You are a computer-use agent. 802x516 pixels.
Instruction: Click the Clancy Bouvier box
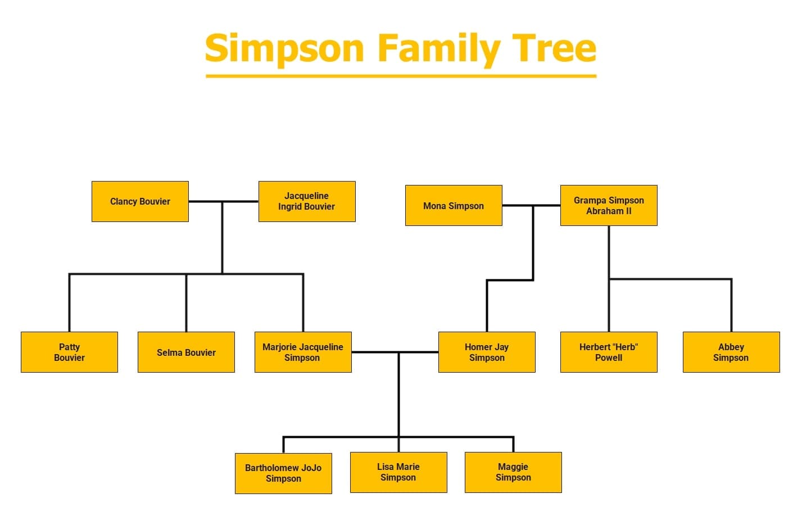point(140,201)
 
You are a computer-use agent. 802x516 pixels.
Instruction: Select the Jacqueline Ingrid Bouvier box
point(307,201)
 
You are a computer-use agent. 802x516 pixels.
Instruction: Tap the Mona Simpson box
point(454,206)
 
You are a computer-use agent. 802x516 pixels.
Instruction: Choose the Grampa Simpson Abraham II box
point(609,206)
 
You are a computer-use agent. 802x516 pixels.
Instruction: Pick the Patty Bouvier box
point(69,352)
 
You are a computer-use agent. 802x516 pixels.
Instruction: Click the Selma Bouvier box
point(186,352)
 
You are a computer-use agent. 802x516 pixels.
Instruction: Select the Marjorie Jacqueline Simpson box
point(303,352)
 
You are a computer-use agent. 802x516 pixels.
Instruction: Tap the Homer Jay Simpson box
point(487,352)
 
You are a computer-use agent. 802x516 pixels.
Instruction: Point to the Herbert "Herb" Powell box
point(609,352)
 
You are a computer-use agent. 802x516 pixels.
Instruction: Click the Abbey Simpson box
point(731,352)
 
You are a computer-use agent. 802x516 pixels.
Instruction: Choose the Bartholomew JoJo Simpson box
point(283,473)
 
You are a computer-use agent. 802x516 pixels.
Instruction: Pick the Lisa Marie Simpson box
point(398,472)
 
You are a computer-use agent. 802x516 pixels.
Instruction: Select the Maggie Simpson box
point(513,472)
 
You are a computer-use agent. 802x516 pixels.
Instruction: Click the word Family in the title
point(438,49)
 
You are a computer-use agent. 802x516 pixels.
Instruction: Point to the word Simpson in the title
point(284,49)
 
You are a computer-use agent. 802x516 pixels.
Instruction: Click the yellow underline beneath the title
point(401,75)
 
